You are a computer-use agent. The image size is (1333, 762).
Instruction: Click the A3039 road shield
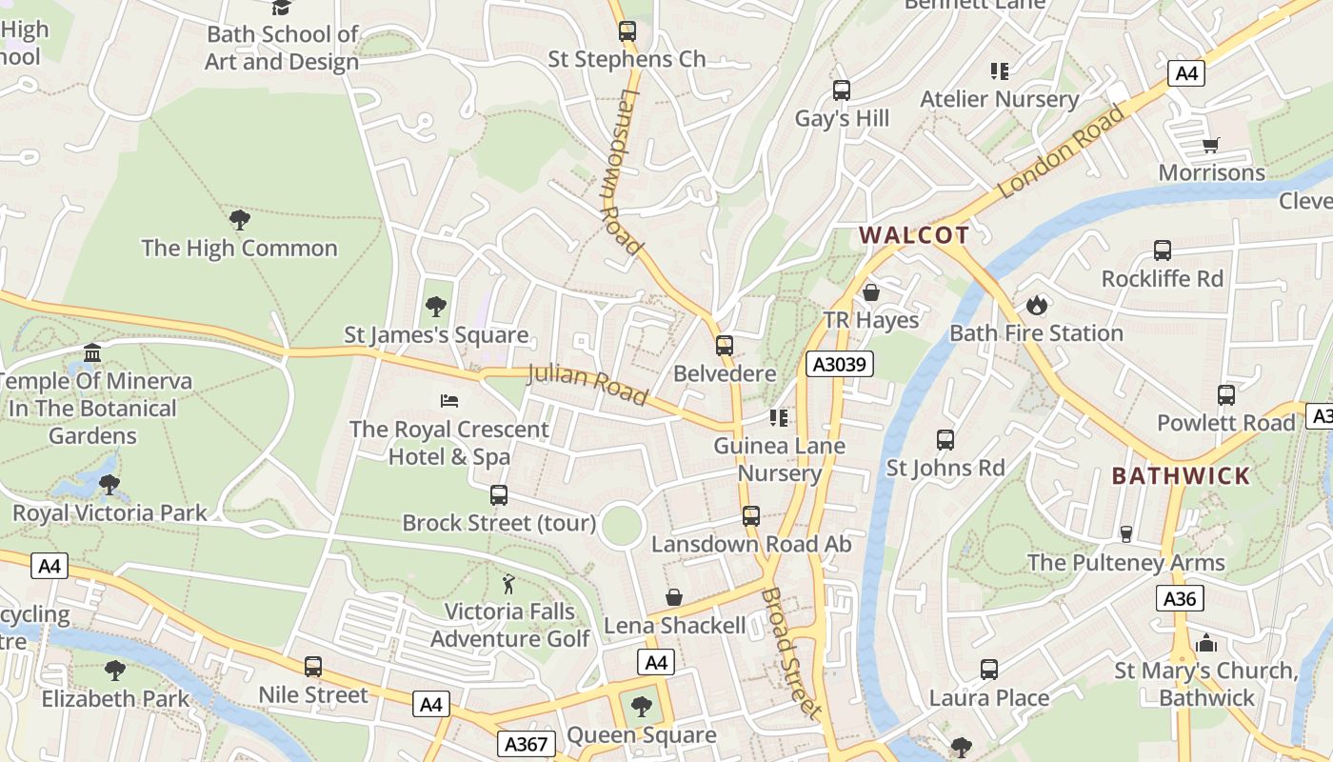click(x=839, y=364)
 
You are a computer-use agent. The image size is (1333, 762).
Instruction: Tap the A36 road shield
click(x=1181, y=598)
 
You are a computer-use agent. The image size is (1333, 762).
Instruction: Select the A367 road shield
click(x=526, y=743)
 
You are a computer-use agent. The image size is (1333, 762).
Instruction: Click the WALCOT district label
click(x=914, y=235)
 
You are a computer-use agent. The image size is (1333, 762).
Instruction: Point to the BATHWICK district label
click(x=1181, y=476)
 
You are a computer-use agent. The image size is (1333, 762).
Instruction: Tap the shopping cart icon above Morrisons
click(x=1210, y=146)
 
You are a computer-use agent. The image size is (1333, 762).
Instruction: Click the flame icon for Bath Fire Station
click(x=1036, y=305)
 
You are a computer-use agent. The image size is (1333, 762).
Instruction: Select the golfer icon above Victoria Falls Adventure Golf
click(x=509, y=583)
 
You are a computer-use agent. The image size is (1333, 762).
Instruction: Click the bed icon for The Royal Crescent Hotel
click(x=449, y=401)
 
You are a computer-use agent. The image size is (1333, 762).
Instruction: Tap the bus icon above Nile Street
click(x=313, y=667)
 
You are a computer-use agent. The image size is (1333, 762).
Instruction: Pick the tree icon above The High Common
click(x=240, y=220)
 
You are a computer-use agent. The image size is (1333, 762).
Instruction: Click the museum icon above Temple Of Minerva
click(x=92, y=353)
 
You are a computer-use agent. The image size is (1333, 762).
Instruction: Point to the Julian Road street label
click(x=587, y=384)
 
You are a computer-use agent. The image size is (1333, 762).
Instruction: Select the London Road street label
click(x=1062, y=152)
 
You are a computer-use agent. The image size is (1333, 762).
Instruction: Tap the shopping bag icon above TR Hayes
click(x=870, y=292)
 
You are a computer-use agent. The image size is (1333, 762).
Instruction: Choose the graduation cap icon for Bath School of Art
click(x=282, y=8)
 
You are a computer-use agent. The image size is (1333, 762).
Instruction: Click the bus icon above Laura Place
click(x=989, y=670)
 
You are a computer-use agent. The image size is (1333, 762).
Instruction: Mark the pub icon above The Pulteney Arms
click(x=1126, y=534)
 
